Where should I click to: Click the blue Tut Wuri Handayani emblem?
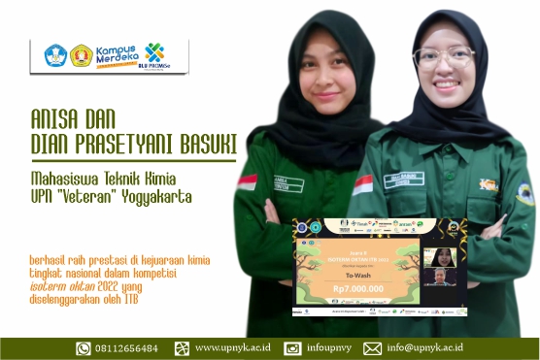point(57,55)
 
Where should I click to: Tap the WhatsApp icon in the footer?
point(84,347)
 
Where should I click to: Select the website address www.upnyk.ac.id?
point(232,347)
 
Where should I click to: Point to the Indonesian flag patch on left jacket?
point(248,180)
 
